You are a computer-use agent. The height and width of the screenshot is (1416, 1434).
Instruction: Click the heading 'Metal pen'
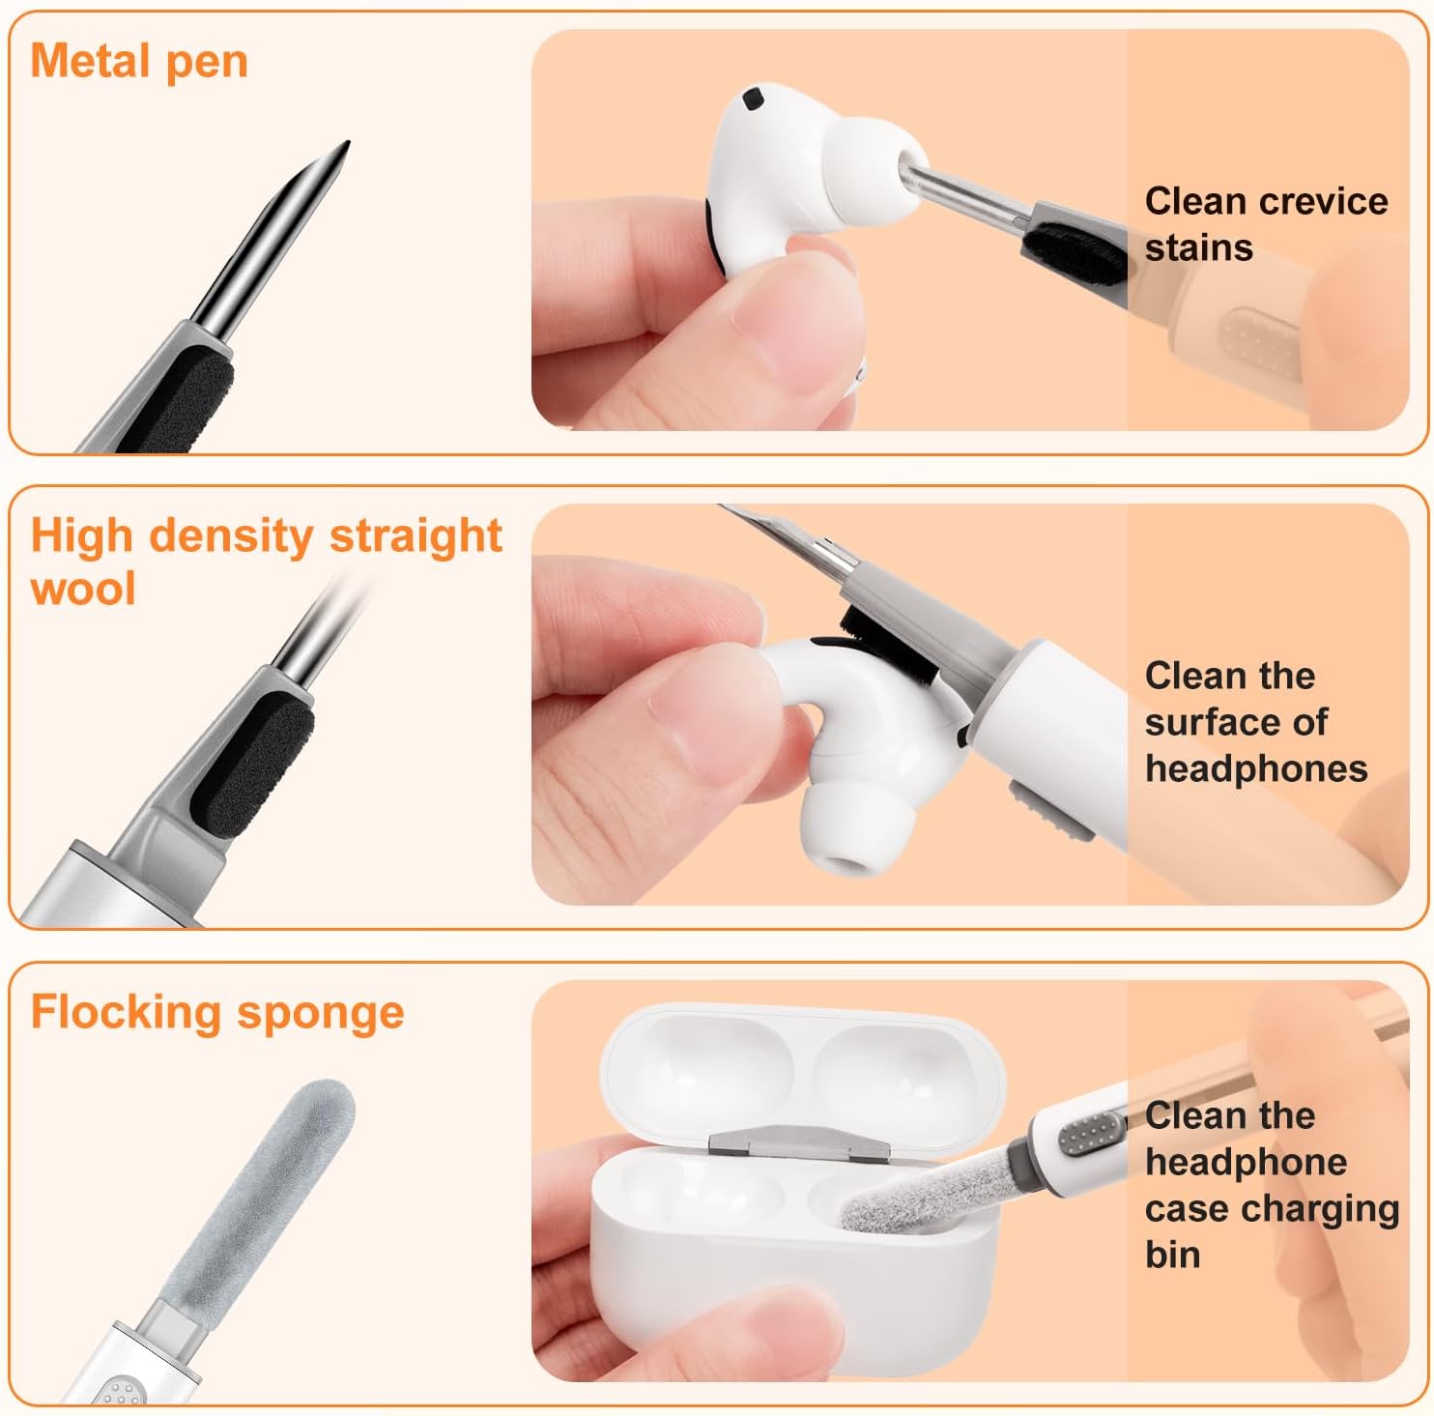point(139,62)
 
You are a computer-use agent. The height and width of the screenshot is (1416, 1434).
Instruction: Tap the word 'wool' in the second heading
point(83,589)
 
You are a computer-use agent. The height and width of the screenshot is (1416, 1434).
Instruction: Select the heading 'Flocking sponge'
point(217,1013)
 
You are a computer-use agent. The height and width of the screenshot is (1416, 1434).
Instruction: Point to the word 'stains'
point(1198,248)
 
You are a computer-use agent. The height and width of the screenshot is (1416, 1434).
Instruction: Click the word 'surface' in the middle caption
point(1236,722)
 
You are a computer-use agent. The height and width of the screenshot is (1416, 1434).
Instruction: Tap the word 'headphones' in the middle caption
point(1256,768)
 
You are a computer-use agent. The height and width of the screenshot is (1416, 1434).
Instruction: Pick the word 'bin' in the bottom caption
point(1172,1255)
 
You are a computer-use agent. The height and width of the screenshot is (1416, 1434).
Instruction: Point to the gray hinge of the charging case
point(798,1141)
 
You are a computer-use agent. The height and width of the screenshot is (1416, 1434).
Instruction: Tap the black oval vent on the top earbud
point(751,97)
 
